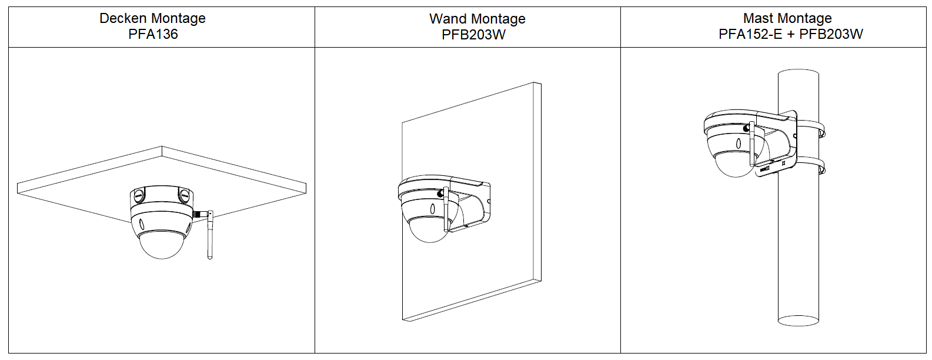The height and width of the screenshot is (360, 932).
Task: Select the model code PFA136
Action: (153, 34)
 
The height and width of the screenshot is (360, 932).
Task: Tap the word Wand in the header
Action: (445, 19)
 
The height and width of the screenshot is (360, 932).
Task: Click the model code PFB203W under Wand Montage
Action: (473, 35)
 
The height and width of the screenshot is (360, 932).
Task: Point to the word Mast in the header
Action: (758, 18)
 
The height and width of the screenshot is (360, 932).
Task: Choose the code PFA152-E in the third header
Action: (750, 34)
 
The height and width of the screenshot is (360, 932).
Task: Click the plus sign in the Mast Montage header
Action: (791, 34)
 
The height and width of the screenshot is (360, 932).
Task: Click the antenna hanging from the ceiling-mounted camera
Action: (209, 235)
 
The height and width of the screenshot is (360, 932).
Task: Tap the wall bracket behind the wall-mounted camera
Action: (473, 203)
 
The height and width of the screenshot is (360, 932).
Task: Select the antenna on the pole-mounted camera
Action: (751, 143)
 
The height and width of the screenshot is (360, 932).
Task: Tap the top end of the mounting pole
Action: (798, 74)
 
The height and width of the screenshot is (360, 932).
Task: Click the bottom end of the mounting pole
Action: (798, 320)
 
